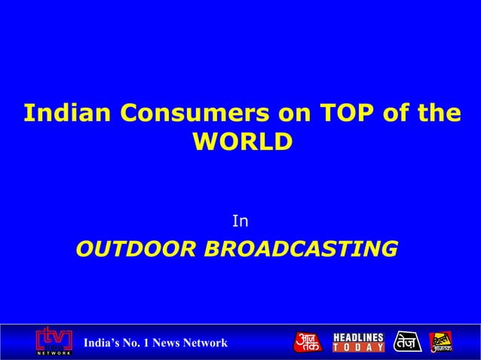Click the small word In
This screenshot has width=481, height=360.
(x=240, y=221)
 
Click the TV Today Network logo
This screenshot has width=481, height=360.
(x=54, y=341)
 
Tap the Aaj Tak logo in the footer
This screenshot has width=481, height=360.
(x=307, y=342)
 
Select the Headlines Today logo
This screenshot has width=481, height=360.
(x=359, y=342)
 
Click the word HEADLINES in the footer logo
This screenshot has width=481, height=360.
(x=359, y=337)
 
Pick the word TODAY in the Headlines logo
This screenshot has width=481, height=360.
(x=359, y=347)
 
